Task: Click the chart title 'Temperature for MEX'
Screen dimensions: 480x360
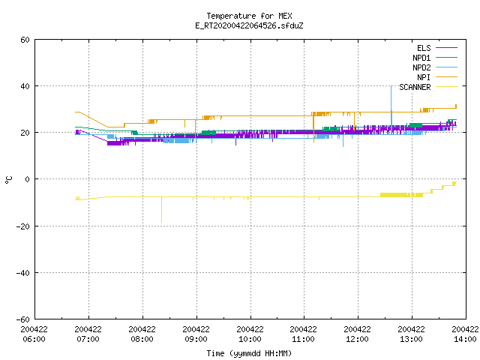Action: (x=249, y=16)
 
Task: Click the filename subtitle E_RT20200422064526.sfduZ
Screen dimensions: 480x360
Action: (x=249, y=25)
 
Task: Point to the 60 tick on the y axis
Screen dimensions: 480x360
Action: (x=25, y=40)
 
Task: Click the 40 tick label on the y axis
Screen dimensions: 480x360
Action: (x=25, y=86)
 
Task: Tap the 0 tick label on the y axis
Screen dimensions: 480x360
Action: (x=27, y=179)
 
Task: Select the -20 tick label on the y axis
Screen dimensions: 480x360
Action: (x=23, y=226)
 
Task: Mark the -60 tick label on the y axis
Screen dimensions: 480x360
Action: (x=23, y=319)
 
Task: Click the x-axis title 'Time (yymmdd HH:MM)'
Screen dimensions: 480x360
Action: (x=249, y=353)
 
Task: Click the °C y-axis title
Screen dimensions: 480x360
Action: (x=8, y=180)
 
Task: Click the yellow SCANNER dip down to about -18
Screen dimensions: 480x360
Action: (x=162, y=210)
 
